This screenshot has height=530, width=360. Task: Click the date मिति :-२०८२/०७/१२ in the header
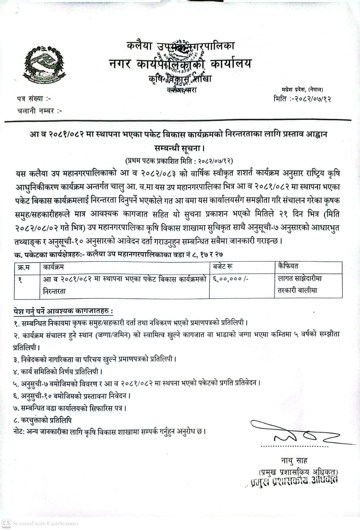(302, 99)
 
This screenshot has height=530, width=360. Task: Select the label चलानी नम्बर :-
(40, 111)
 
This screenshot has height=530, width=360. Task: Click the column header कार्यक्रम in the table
(58, 267)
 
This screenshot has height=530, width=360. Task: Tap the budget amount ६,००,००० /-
(230, 279)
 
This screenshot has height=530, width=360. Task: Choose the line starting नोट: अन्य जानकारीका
(109, 431)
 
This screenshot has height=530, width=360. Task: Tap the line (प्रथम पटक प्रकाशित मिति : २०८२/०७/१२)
(180, 160)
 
